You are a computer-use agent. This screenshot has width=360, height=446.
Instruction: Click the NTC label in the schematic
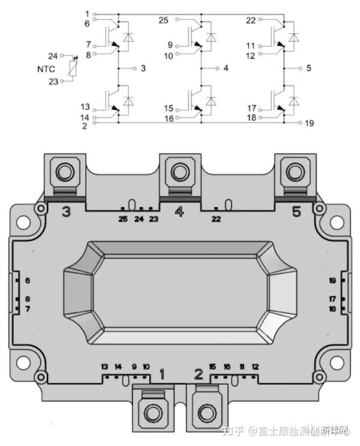tap(46, 69)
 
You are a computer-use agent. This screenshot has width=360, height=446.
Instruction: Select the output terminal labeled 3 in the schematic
tap(143, 68)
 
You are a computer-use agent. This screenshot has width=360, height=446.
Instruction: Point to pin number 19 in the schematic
tap(309, 124)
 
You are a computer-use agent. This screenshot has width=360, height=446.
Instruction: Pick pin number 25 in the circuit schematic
tap(163, 20)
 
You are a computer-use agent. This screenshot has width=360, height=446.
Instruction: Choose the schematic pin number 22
tap(251, 20)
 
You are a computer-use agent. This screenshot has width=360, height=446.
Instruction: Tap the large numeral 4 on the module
tap(179, 211)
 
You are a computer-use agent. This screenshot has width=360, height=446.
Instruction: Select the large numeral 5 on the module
tap(296, 211)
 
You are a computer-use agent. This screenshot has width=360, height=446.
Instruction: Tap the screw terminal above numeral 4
tap(179, 173)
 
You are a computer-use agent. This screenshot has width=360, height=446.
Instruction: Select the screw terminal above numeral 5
tap(295, 173)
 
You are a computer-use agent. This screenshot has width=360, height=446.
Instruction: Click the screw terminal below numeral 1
tap(151, 412)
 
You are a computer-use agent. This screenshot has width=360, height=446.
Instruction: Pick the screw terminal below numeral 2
tap(207, 412)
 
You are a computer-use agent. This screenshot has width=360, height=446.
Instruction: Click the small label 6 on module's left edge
tap(28, 281)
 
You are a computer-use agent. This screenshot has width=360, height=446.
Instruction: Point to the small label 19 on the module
tap(332, 281)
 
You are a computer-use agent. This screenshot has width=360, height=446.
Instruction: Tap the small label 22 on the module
tap(216, 220)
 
